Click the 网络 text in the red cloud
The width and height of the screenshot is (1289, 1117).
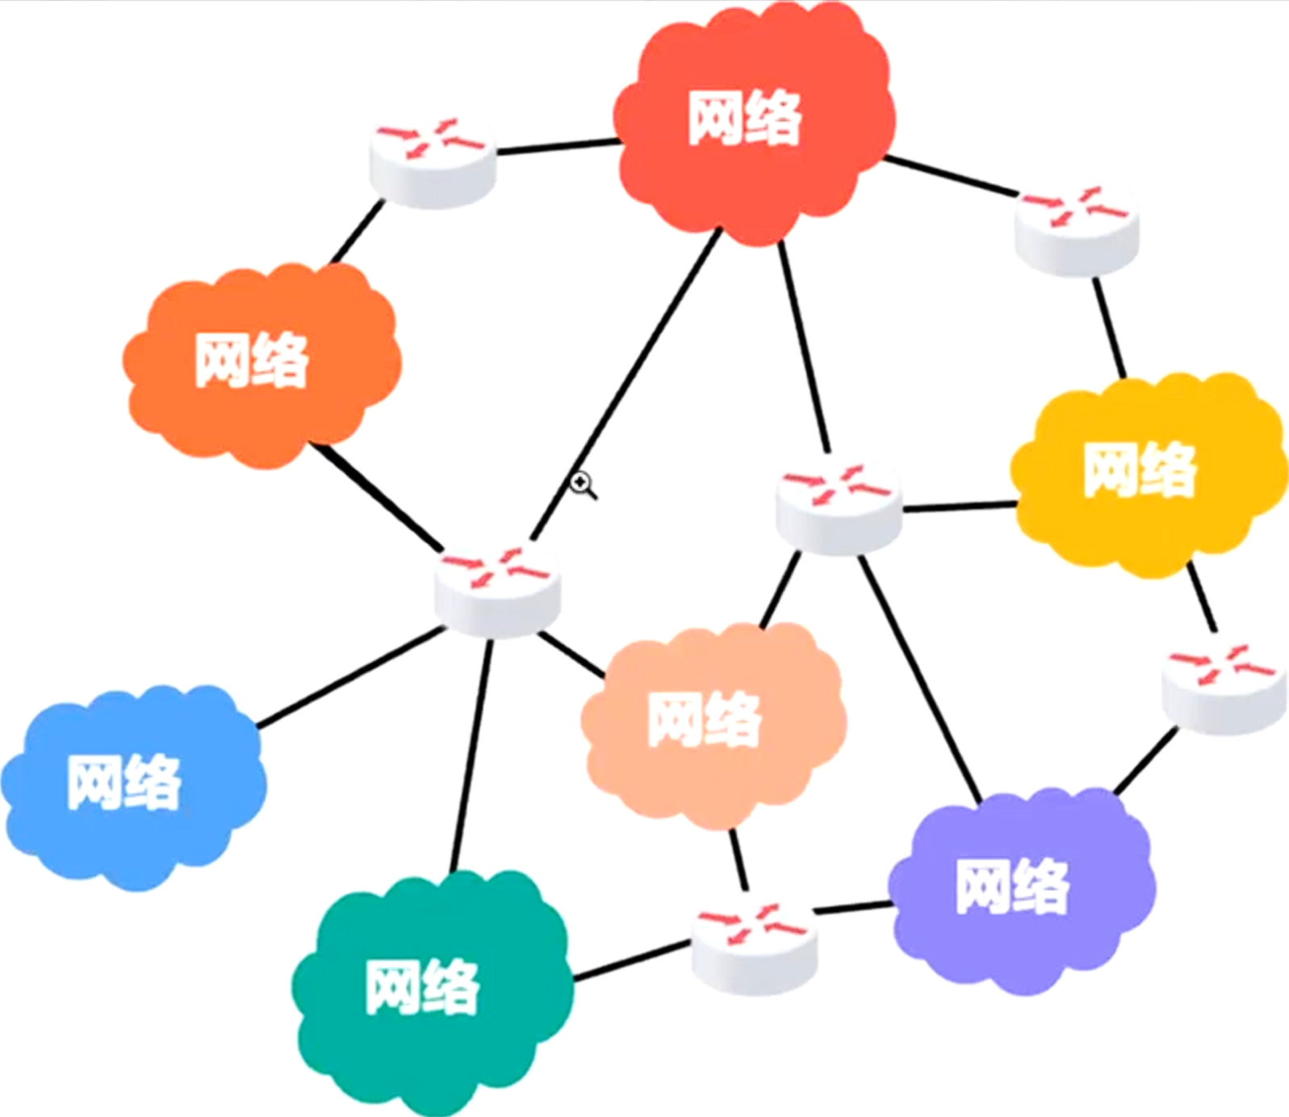click(x=744, y=119)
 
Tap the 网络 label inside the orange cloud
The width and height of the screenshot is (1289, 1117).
click(x=252, y=360)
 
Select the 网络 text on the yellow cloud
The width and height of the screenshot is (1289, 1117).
click(x=1139, y=470)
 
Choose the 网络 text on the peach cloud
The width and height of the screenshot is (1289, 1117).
click(x=704, y=719)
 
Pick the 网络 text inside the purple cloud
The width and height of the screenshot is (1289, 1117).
click(x=1012, y=886)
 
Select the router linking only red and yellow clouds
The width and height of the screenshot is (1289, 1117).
click(x=1077, y=231)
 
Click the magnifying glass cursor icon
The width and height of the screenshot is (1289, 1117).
click(x=582, y=484)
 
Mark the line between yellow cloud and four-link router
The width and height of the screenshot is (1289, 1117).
click(x=959, y=508)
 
